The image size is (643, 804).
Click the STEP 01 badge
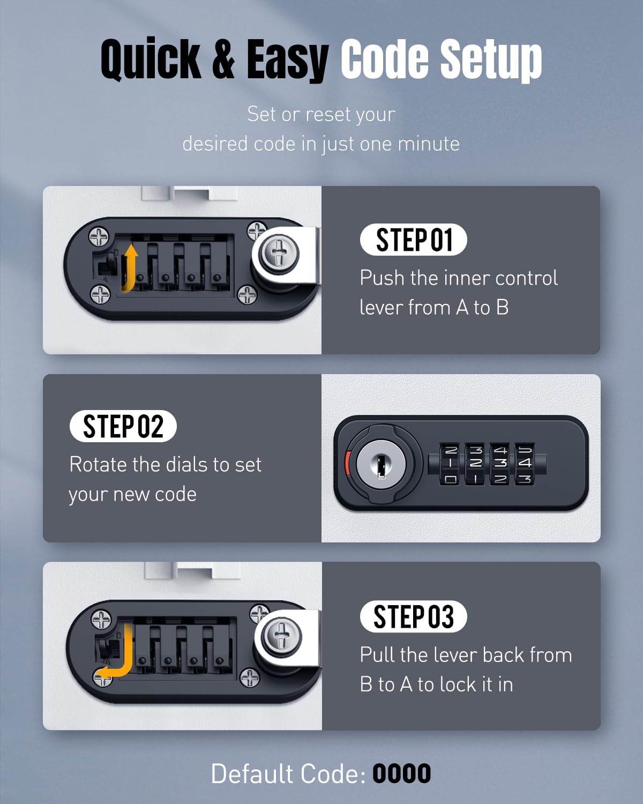point(413,240)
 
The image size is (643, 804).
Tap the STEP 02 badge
point(123,426)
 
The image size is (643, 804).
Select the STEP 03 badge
point(413,616)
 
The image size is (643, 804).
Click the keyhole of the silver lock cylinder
point(381,465)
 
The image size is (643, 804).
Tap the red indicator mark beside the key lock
point(347,462)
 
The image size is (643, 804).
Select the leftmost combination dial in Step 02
point(450,464)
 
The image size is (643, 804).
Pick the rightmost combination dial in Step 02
point(525,464)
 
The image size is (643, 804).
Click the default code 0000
point(402,773)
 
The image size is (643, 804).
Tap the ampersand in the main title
point(223,58)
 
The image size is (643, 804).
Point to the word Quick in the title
point(151,59)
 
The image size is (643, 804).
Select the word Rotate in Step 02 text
point(96,464)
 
